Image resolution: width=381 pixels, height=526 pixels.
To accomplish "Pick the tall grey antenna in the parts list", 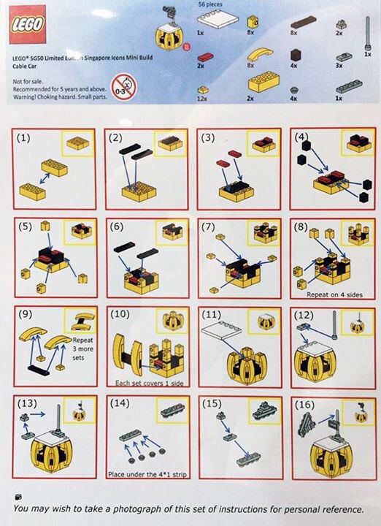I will click(x=366, y=33).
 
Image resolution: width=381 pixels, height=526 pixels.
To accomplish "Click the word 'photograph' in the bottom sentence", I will click(x=153, y=508).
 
